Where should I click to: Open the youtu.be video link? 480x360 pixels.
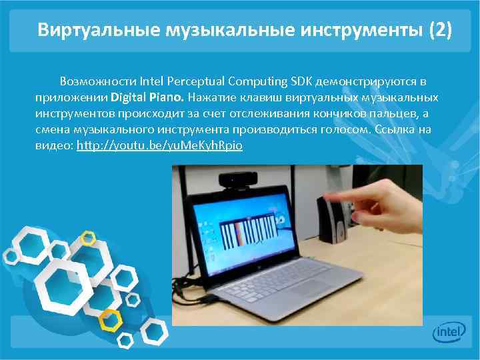coord(159,145)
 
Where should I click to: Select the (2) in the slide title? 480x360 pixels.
coord(440,30)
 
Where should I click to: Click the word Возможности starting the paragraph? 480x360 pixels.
coord(99,81)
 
